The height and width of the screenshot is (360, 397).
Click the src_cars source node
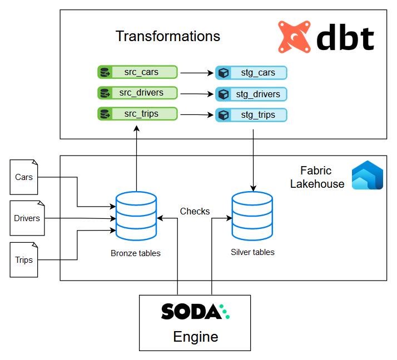point(137,72)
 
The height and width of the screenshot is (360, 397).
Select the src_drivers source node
point(137,93)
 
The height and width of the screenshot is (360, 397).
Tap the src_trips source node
point(137,114)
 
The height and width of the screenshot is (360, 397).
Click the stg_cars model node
point(251,73)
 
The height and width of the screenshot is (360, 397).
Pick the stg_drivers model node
point(251,94)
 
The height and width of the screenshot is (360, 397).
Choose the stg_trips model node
point(251,116)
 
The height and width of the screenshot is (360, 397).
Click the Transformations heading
point(168,36)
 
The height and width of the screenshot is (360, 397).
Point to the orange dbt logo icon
point(295,37)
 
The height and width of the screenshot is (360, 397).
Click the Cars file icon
point(24,178)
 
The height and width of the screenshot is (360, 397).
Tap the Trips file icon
point(24,259)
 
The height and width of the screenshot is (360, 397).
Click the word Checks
point(195,211)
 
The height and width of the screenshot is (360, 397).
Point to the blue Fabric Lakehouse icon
point(368,175)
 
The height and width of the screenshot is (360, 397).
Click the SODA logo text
point(191,312)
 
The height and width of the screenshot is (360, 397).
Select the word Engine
point(195,337)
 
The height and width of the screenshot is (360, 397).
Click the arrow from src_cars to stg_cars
point(196,73)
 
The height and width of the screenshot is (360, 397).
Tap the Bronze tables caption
point(136,253)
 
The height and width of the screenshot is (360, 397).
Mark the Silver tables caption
point(252,252)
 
